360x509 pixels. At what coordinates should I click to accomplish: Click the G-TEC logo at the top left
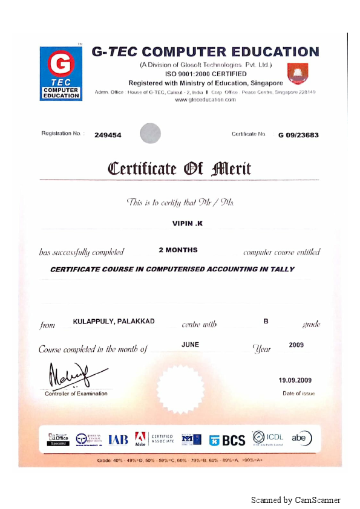tap(61, 73)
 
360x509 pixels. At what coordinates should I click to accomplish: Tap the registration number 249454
tap(108, 135)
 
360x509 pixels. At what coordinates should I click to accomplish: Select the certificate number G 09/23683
tap(298, 135)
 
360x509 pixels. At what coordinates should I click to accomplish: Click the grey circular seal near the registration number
tap(151, 133)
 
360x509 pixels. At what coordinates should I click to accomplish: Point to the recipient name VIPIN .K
tap(188, 224)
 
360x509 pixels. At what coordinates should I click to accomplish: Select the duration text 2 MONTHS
tap(178, 250)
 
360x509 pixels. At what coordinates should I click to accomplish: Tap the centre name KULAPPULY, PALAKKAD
tap(113, 321)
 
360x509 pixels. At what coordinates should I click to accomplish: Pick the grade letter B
tap(266, 320)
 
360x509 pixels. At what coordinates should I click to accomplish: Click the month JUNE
tap(190, 345)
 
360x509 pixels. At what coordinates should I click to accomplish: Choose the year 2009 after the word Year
tap(296, 345)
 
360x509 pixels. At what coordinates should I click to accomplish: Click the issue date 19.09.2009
tap(295, 380)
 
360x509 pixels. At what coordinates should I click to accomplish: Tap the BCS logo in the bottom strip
tap(228, 440)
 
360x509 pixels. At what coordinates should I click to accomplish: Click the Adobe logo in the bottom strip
tap(140, 439)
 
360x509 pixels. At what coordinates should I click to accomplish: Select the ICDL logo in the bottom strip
tap(267, 438)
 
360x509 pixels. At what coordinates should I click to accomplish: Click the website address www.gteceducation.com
tap(205, 100)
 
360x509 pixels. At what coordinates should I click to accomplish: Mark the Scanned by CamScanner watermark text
tap(296, 500)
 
